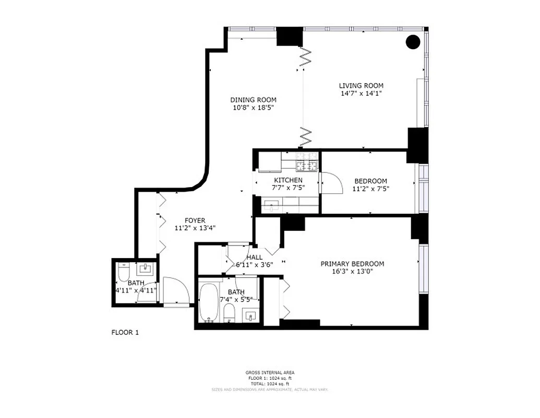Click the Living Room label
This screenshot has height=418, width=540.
(x=361, y=86)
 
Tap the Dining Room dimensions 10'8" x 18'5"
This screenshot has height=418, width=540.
(x=253, y=108)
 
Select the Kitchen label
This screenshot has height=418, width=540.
(x=287, y=180)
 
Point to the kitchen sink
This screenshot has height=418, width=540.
(x=271, y=204)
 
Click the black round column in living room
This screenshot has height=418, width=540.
(x=413, y=41)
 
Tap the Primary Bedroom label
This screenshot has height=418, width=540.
(x=352, y=264)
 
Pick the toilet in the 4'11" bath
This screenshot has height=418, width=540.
(x=123, y=274)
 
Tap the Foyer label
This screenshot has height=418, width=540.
(x=195, y=220)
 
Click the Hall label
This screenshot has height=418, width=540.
(x=255, y=257)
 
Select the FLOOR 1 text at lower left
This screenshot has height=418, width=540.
(x=125, y=332)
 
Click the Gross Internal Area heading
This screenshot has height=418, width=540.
(x=270, y=373)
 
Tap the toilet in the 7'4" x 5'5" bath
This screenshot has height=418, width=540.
(x=229, y=313)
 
